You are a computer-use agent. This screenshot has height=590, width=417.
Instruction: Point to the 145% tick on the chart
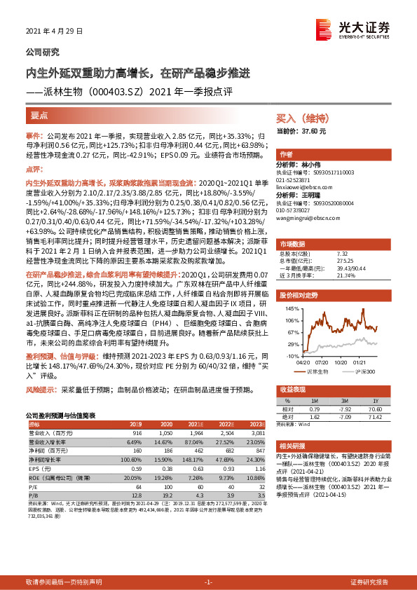(292, 308)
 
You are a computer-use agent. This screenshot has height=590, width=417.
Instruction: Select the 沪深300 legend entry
(364, 371)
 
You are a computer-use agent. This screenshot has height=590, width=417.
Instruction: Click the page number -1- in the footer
(208, 582)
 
